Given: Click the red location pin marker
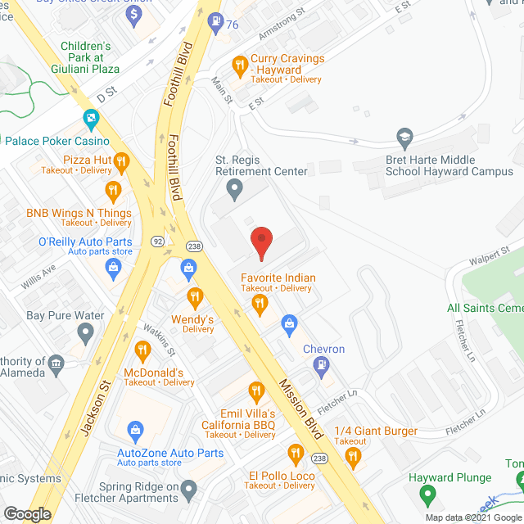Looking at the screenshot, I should point(261,242).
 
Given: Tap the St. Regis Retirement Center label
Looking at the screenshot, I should point(261,165).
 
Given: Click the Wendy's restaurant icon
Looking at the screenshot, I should point(194,296).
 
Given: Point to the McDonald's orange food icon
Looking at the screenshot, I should point(142,351).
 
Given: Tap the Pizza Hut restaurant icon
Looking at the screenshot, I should point(121,160).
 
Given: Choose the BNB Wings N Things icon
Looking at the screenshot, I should point(113,192).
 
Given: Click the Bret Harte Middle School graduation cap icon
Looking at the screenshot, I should point(404,135).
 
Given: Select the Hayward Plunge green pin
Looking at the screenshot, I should point(426,495).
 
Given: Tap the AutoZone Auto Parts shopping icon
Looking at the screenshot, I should point(135,430).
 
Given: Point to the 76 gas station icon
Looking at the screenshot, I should point(215,21).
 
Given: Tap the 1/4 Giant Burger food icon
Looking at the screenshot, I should point(354,457).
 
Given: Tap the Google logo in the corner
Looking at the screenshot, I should point(27,513).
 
